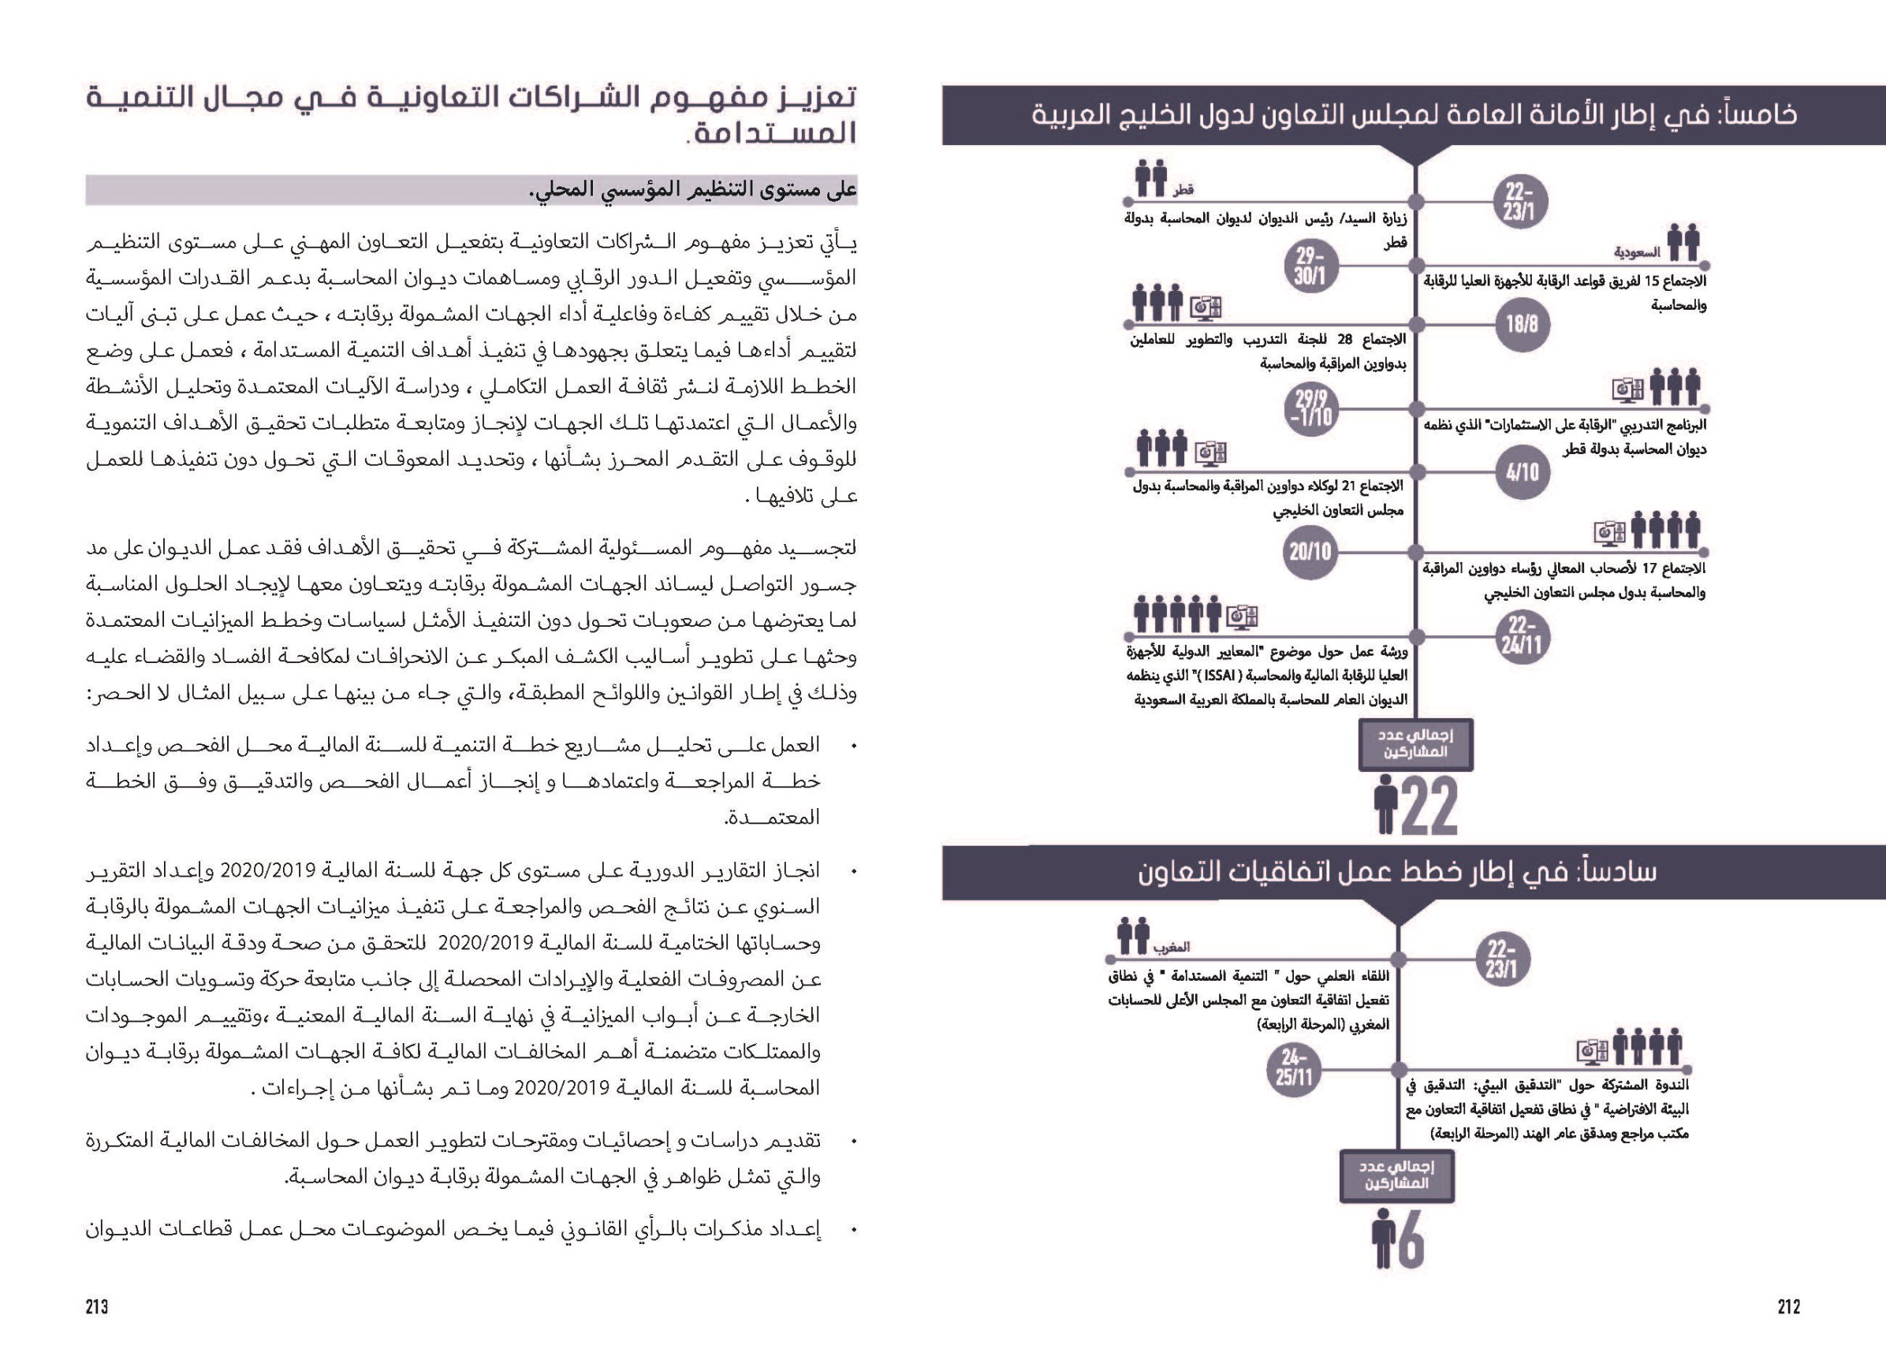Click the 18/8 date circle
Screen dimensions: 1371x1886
[1522, 323]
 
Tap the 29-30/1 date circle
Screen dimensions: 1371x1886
[1309, 266]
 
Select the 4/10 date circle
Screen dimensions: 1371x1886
[1522, 472]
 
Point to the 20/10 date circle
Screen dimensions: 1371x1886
[1310, 551]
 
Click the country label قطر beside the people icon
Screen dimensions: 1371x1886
[1183, 190]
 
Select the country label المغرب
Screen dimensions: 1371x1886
[1171, 947]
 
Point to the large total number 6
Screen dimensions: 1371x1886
[1411, 1239]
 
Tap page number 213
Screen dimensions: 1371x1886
[97, 1307]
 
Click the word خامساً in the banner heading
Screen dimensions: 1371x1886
[1754, 115]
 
